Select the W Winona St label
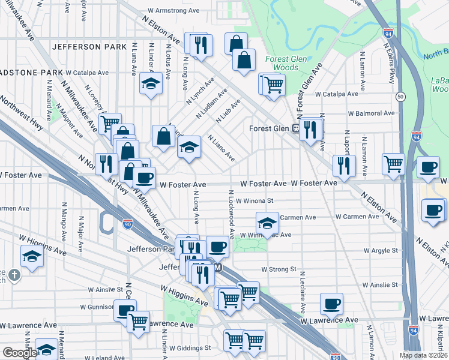(x=255, y=201)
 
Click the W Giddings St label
(x=190, y=347)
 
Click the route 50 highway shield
(x=400, y=96)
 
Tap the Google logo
(x=20, y=353)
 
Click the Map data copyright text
(x=423, y=355)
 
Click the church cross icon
(x=15, y=276)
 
